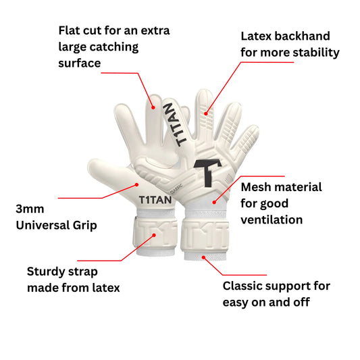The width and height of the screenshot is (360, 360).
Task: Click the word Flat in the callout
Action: click(x=71, y=31)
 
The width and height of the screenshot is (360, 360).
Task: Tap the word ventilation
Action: click(x=272, y=220)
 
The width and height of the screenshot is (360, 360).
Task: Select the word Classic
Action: click(x=245, y=286)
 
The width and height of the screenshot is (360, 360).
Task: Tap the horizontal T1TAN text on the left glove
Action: click(x=155, y=200)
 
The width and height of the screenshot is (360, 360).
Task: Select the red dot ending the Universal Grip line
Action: click(x=136, y=182)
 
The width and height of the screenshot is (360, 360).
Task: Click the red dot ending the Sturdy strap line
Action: click(x=156, y=235)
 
